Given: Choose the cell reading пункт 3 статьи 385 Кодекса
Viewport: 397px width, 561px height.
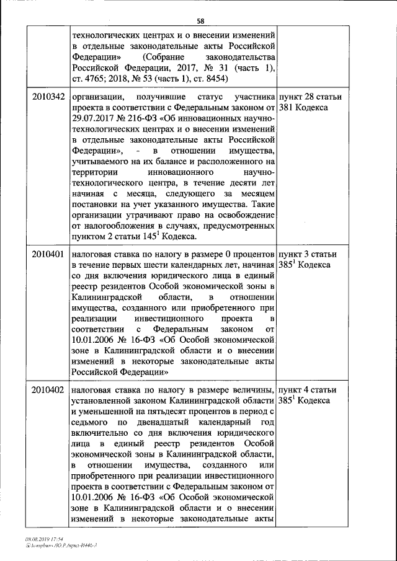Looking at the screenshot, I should [x=310, y=260].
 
